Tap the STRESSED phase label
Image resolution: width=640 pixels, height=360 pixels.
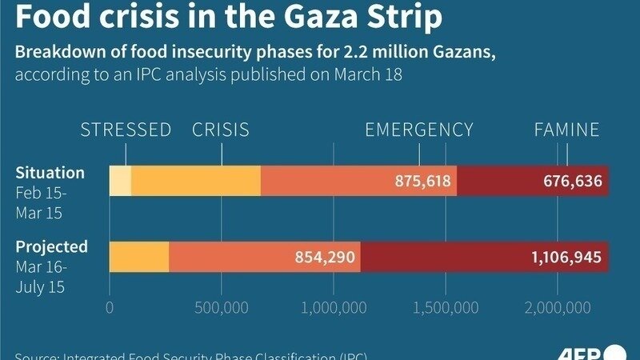(126, 130)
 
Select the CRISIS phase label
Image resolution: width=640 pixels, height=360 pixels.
(220, 130)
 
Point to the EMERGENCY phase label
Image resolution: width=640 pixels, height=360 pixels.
(419, 130)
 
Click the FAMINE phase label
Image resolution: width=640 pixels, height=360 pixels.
(566, 130)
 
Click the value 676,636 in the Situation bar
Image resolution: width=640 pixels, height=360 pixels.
(572, 181)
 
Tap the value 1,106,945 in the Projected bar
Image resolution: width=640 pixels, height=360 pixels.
(565, 256)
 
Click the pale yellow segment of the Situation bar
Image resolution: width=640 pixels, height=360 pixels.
(120, 181)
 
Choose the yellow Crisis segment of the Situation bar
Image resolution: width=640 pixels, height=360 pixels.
(196, 181)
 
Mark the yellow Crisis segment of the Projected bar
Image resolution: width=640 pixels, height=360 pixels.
(139, 256)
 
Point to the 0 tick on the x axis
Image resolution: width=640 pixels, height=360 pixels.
(110, 307)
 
